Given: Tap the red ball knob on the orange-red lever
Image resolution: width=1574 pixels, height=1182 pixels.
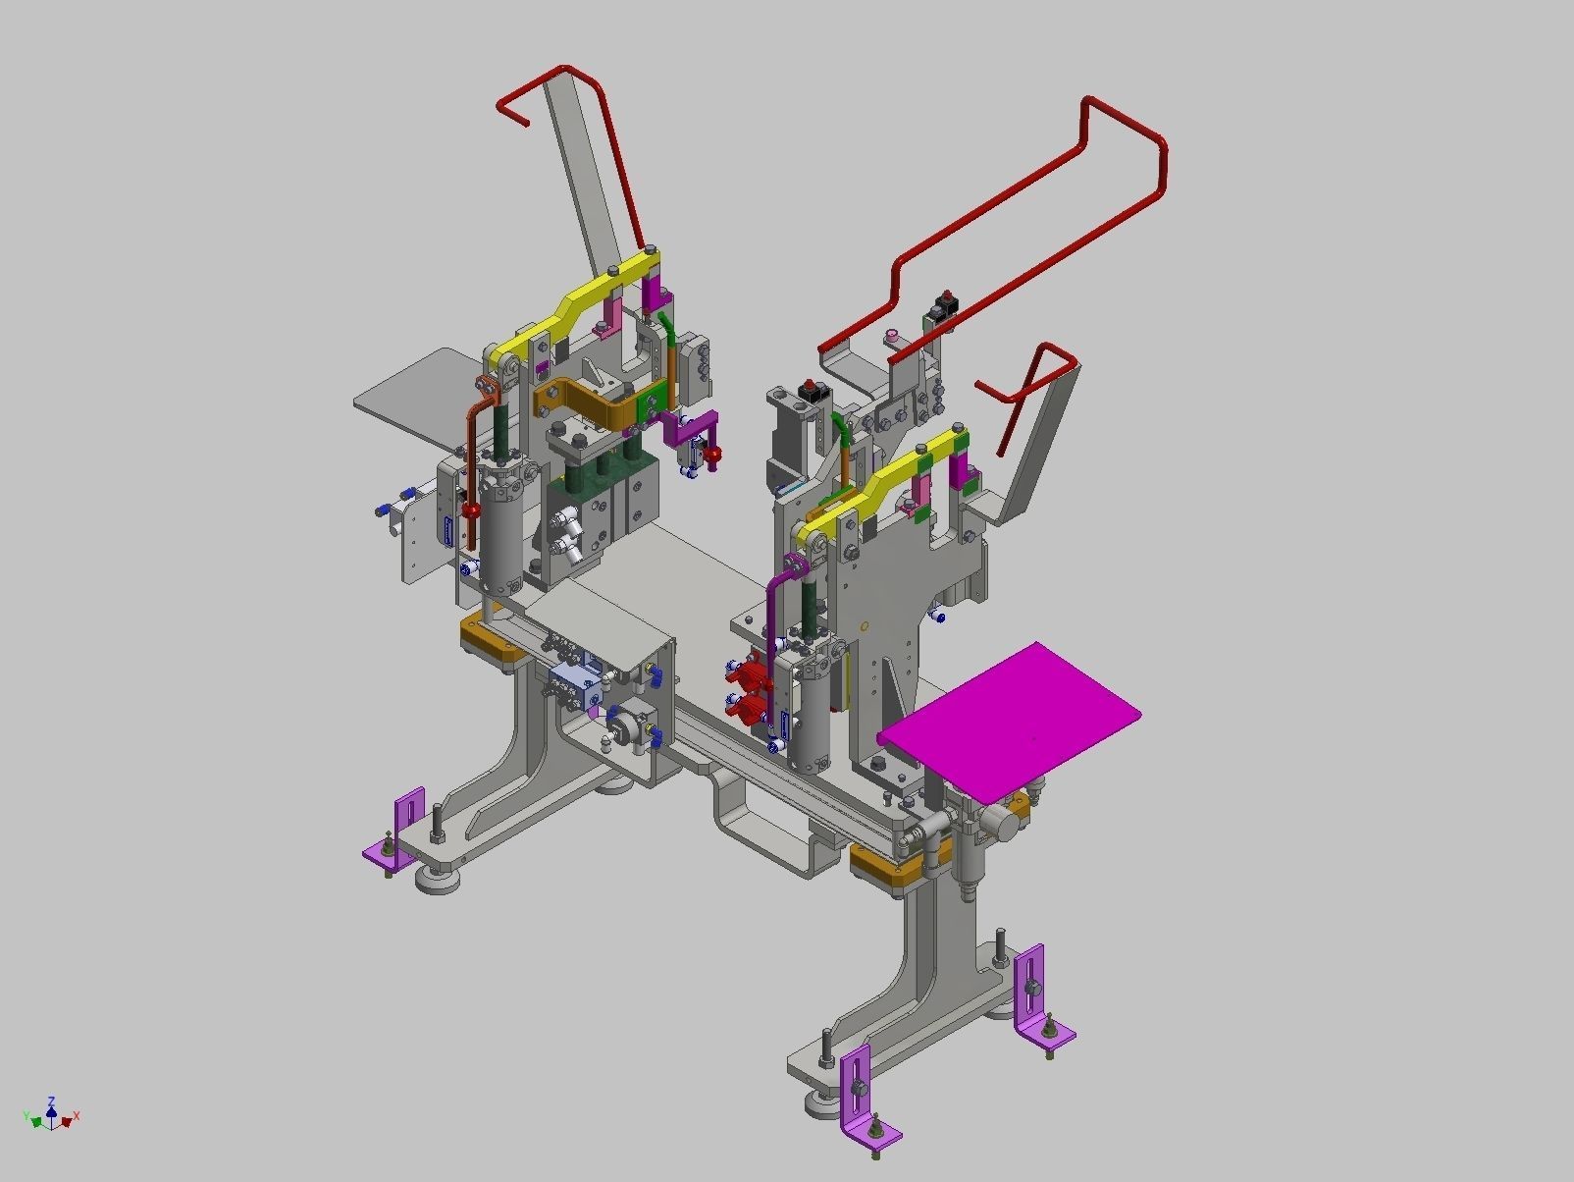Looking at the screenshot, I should tap(473, 511).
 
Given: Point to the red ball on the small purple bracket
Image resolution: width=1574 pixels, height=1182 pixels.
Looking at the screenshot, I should tap(715, 454).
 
